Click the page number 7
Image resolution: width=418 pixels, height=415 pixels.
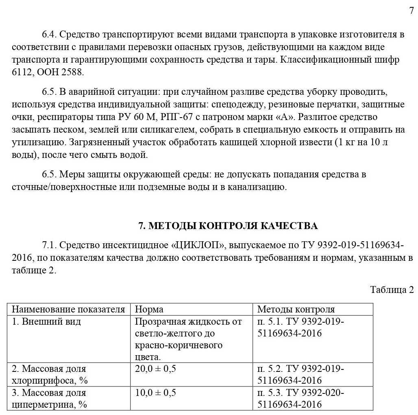[411, 11]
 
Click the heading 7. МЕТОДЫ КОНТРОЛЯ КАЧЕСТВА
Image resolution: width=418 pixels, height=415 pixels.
[228, 226]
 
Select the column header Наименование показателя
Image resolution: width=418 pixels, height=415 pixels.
[68, 309]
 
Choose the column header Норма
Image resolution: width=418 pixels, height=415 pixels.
[149, 309]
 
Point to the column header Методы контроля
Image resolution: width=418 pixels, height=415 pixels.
[296, 309]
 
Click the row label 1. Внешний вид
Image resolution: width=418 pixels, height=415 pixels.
[46, 321]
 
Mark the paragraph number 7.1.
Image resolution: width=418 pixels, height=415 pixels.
[50, 245]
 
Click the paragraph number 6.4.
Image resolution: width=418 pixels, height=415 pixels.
[50, 34]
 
